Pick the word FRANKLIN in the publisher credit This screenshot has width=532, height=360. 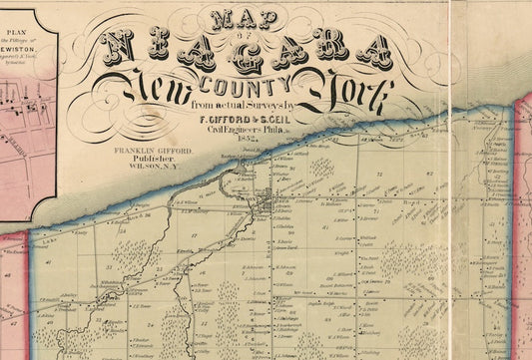(x=133, y=151)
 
